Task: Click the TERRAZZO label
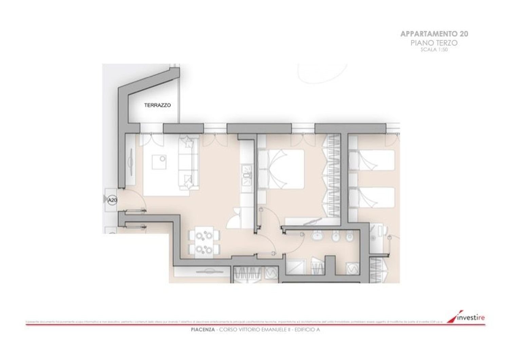point(157,105)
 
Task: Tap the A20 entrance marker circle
point(112,200)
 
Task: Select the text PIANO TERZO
point(434,43)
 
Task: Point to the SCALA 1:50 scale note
point(434,50)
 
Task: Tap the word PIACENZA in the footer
point(203,330)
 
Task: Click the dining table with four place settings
point(204,242)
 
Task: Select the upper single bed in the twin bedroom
point(373,161)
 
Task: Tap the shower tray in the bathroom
point(296,267)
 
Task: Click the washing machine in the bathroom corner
point(353,269)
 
